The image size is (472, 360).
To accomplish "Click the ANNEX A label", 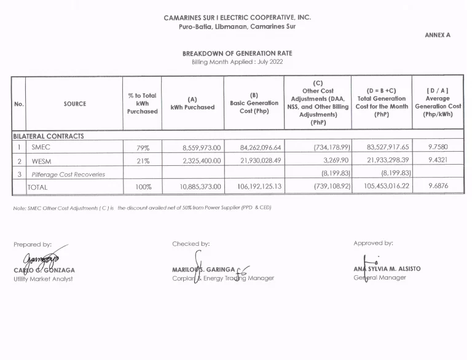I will point(438,35).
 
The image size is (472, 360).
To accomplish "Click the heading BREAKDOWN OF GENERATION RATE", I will point(237,53).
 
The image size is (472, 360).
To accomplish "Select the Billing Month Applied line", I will point(237,62).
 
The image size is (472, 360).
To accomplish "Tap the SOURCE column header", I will point(74,104).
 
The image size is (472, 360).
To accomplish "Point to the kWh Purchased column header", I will point(192,103).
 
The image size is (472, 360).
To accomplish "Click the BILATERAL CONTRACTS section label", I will point(49,136).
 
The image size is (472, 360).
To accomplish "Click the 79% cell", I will point(143,148).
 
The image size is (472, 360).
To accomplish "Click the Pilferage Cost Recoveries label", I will point(68,174).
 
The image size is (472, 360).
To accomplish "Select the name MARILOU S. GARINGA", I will point(203,269).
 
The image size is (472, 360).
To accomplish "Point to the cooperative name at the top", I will point(237,18).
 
